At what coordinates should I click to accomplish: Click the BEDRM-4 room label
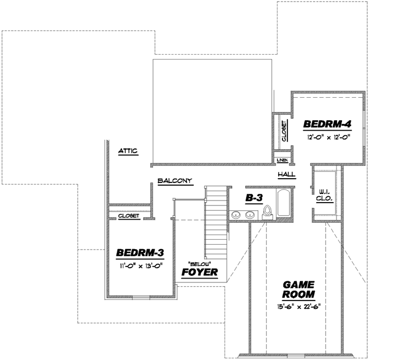[327, 124]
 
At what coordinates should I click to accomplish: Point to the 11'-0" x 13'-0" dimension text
[140, 266]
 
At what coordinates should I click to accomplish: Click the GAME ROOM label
[298, 290]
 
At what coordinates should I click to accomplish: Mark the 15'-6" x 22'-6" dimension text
[298, 307]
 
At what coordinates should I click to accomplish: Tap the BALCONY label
[175, 181]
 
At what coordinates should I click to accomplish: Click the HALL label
[286, 174]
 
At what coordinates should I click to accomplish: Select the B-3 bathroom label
[255, 199]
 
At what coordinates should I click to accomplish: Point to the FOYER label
[199, 272]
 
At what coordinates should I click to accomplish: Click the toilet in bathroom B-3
[268, 211]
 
